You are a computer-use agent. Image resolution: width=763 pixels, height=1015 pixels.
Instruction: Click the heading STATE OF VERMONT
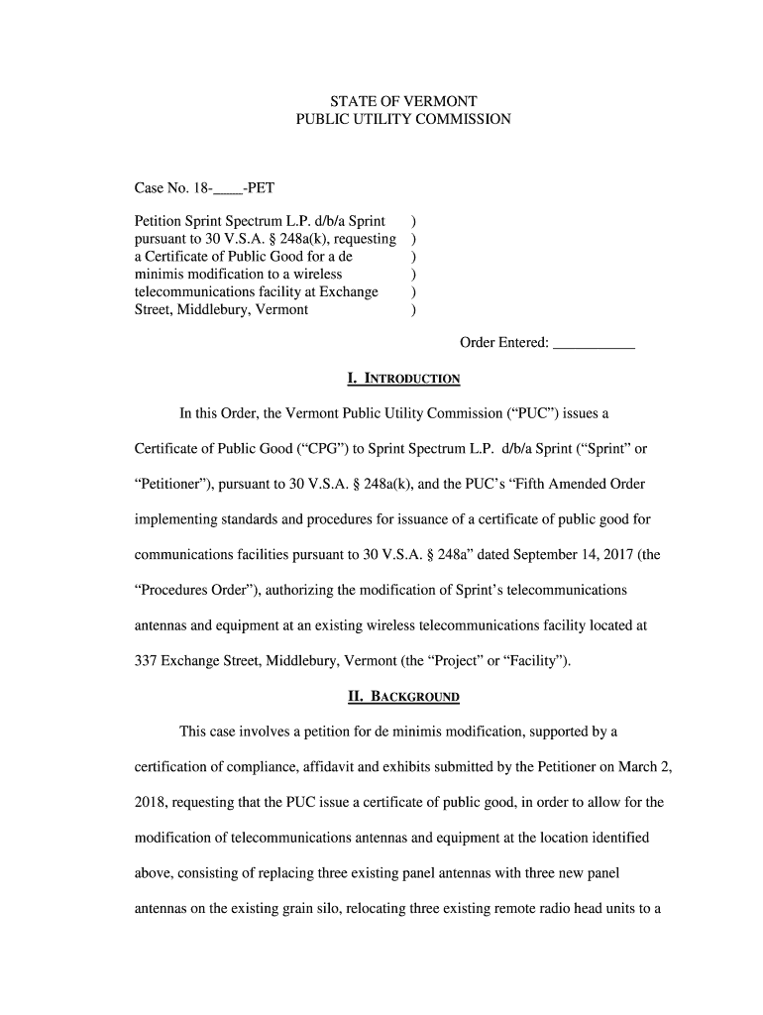click(403, 102)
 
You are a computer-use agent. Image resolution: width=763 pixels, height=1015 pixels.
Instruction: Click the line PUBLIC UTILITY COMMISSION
click(403, 120)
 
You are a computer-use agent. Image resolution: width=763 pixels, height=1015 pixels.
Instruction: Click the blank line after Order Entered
click(594, 343)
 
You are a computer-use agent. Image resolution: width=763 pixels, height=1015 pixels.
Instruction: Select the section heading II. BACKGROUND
click(403, 697)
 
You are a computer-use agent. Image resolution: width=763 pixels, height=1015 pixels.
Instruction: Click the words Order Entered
click(503, 343)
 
